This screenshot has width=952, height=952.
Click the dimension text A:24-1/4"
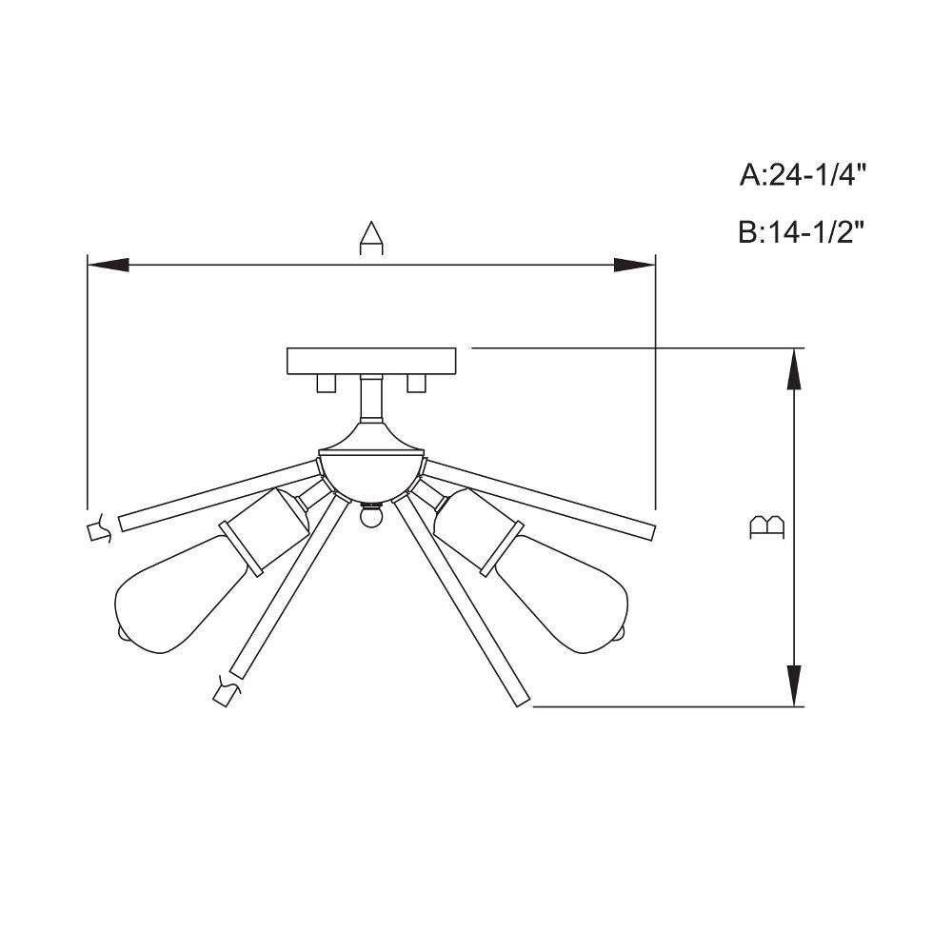coord(802,176)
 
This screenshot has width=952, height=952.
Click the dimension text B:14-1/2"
coord(802,232)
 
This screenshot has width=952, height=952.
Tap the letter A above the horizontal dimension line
coord(371,239)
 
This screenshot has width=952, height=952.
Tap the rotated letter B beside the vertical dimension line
coord(767,527)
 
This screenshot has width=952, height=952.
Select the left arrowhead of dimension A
coord(109,265)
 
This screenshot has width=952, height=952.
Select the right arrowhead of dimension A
coord(634,265)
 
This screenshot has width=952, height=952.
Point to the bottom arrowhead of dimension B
coord(794,685)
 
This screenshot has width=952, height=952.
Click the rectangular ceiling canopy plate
coord(371,361)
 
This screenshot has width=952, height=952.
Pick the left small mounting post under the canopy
coord(327,384)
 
